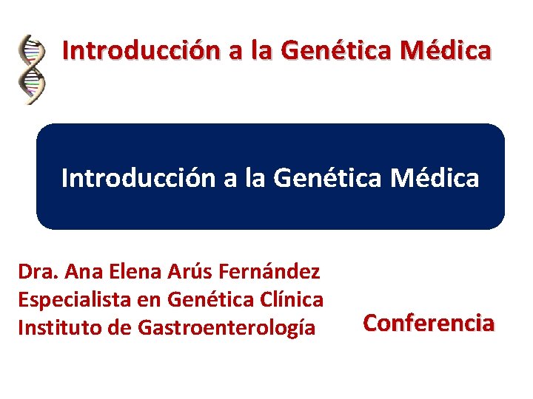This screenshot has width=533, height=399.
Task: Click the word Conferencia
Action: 429,323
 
